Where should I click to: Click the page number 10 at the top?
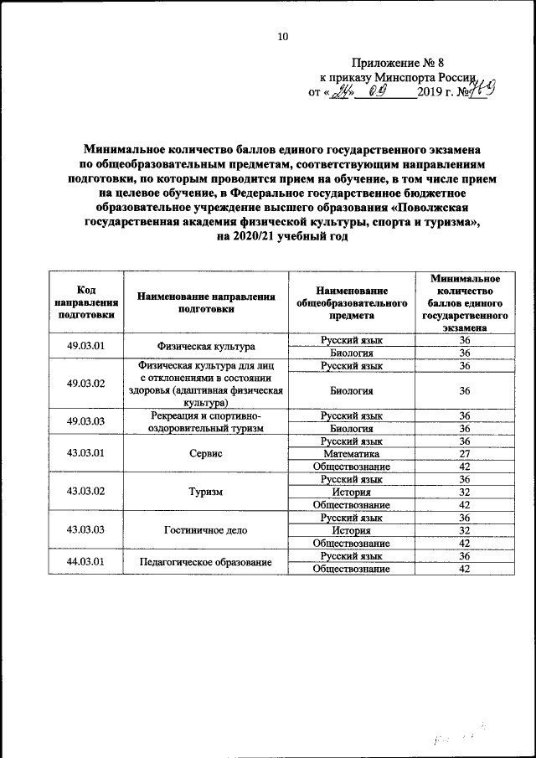coord(282,36)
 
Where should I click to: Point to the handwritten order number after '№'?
coord(477,90)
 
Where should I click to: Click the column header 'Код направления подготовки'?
coord(85,302)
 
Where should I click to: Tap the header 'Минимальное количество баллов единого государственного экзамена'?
coord(465,302)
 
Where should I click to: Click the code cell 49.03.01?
coord(85,346)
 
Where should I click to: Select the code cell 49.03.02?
coord(85,384)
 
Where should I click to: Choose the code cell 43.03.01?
coord(85,453)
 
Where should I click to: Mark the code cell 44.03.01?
coord(85,562)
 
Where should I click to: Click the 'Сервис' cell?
coord(205,453)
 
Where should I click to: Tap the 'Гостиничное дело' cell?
coord(205,530)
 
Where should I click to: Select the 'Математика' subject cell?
coord(352,453)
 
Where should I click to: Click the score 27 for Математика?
coord(465,453)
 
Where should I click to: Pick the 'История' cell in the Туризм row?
coord(352,492)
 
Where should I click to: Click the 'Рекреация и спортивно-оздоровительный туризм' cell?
coord(205,421)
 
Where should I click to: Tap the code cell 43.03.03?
coord(85,530)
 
